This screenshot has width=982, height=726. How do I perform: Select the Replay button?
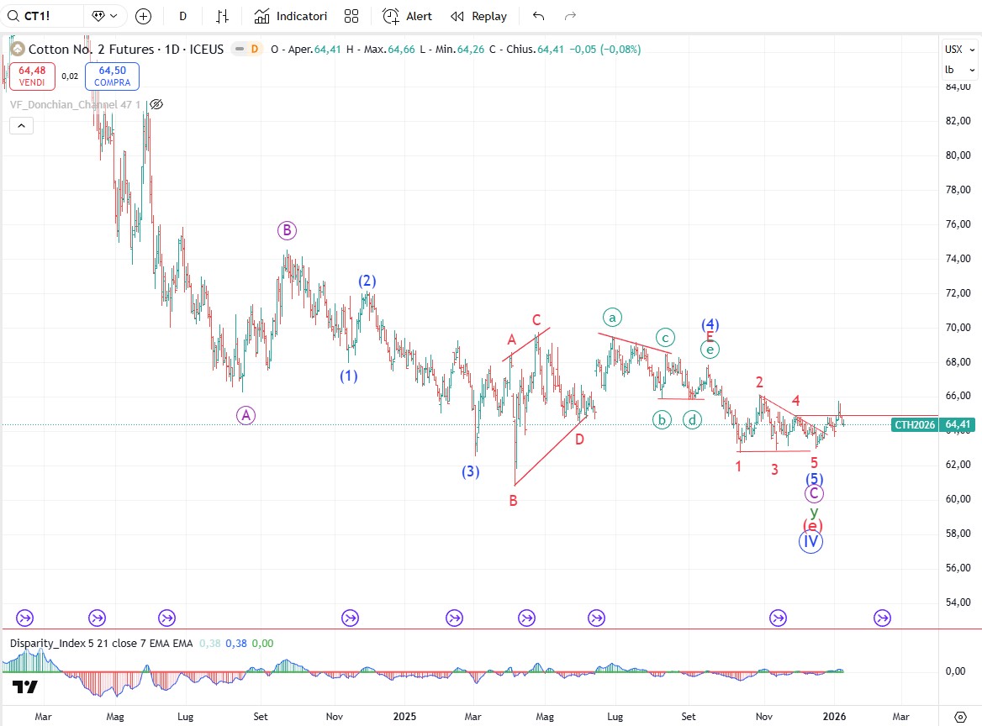pos(478,16)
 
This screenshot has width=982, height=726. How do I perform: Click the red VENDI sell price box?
pos(32,76)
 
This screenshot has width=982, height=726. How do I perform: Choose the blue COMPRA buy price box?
pos(112,76)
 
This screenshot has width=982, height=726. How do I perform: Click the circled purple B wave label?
pos(287,230)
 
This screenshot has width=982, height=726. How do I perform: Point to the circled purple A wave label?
pos(245,414)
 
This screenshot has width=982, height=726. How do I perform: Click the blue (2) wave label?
pos(367,281)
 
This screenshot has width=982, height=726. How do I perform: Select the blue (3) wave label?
pos(471,471)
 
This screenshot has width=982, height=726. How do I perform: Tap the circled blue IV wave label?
pos(810,541)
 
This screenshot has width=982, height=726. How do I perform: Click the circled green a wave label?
pos(612,317)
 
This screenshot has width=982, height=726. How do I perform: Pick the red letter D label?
pos(580,439)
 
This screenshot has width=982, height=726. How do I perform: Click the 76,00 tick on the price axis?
pos(958,224)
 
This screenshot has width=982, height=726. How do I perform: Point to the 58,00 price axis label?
pos(958,534)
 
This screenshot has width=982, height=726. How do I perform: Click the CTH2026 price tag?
pos(915,425)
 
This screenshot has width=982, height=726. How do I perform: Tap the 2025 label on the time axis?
pos(405,717)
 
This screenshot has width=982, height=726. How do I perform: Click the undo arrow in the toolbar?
pos(539,16)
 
